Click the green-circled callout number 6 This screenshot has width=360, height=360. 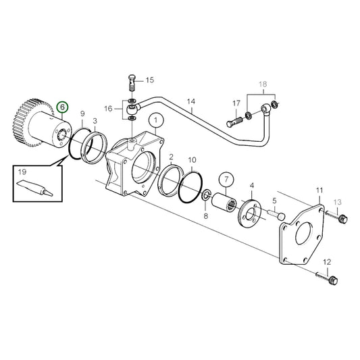(63, 107)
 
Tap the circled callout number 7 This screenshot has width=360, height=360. (225, 180)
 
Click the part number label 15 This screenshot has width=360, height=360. (149, 80)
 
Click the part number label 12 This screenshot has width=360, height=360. (327, 261)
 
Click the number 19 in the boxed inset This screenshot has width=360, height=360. (22, 172)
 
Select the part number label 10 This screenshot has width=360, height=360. (192, 161)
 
